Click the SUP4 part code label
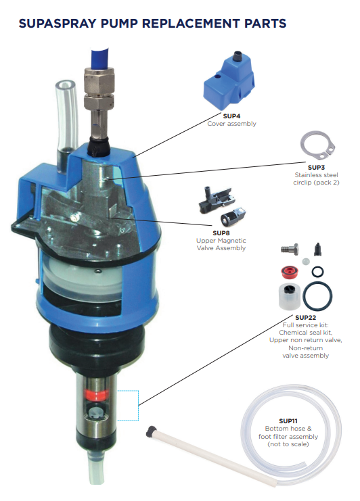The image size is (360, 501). pos(231,116)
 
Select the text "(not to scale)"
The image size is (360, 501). pos(289,445)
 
